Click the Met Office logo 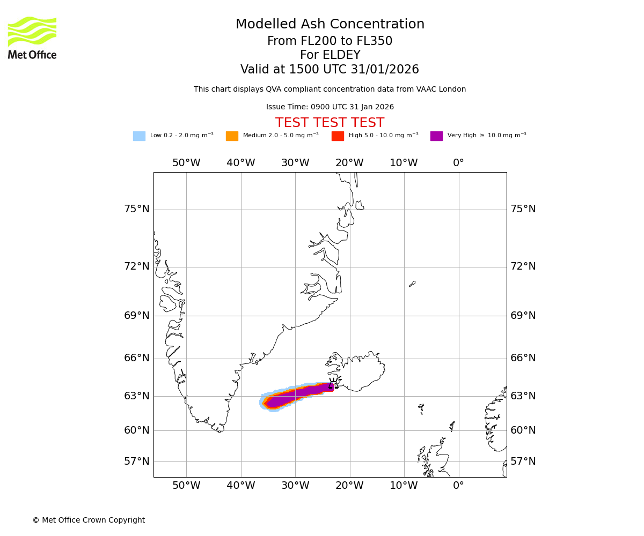point(32,38)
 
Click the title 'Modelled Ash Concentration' point(330,25)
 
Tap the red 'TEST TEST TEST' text point(330,123)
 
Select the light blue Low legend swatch point(139,136)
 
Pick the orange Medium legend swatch point(232,136)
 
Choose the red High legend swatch point(338,136)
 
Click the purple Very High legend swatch point(436,136)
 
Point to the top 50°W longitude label point(186,163)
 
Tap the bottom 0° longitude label point(458,486)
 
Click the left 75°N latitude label point(137,209)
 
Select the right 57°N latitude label point(523,461)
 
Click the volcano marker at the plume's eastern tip point(333,383)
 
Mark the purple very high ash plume point(301,393)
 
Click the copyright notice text point(89,520)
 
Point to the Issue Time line point(330,107)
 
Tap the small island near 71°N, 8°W point(412,284)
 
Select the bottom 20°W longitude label point(349,486)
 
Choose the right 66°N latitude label point(523,358)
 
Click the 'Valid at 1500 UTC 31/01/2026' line point(330,70)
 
